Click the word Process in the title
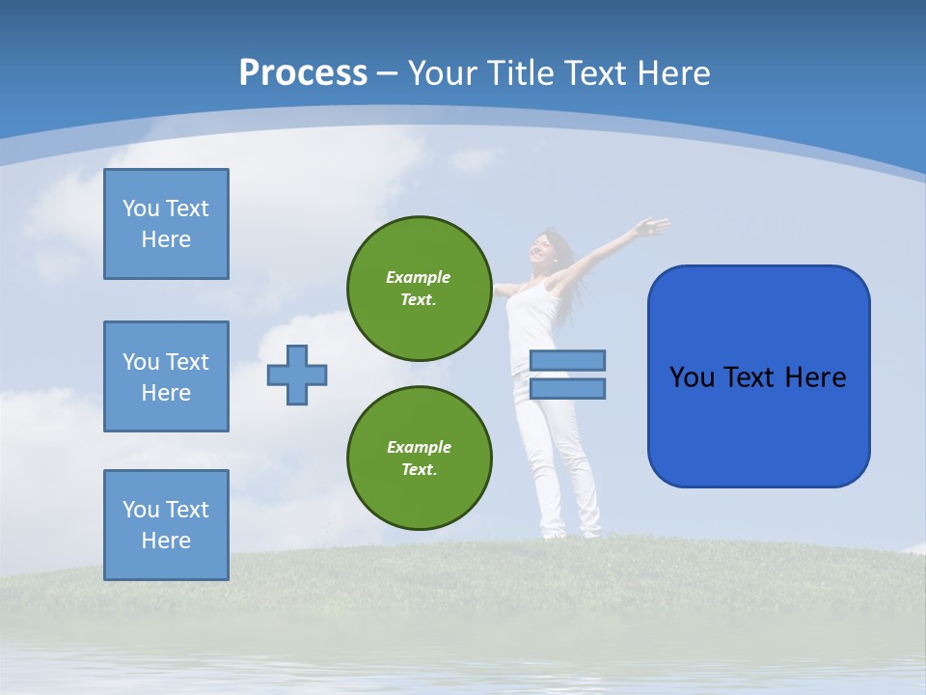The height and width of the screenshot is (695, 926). [303, 73]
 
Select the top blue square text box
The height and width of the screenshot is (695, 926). [166, 224]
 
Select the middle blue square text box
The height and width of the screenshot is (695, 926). [166, 376]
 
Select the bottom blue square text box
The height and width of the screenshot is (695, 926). [166, 525]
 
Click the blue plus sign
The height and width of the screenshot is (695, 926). [297, 375]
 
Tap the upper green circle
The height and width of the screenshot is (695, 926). [419, 289]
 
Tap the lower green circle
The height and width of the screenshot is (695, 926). [419, 458]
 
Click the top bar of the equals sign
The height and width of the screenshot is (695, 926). [567, 360]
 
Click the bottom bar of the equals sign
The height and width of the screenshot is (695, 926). [567, 388]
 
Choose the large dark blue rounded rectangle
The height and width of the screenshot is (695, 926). [758, 376]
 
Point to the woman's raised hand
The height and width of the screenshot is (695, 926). [654, 228]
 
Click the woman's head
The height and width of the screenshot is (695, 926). [546, 247]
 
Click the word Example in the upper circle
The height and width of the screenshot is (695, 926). [418, 277]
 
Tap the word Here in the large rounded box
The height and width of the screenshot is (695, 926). [815, 376]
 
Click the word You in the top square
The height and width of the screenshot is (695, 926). [141, 208]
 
